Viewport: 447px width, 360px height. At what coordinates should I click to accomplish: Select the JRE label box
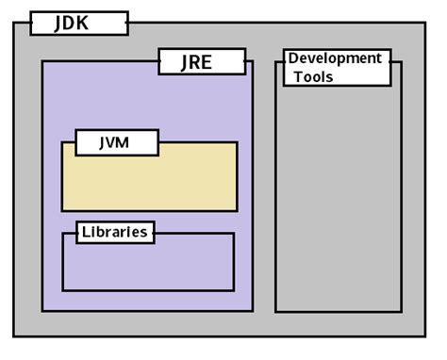[x=201, y=62]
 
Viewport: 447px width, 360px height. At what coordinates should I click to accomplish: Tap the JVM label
[x=113, y=142]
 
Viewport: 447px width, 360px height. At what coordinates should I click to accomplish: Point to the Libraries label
[x=114, y=232]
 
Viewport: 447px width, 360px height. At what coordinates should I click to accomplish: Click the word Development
[x=335, y=58]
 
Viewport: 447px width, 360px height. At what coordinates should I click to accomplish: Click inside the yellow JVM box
[x=149, y=184]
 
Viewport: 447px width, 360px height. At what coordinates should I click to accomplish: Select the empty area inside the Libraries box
[x=148, y=266]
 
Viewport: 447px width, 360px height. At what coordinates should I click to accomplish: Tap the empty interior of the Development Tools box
[x=338, y=198]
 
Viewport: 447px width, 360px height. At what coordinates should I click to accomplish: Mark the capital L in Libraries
[x=86, y=232]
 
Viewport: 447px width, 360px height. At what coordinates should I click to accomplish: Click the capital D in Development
[x=293, y=58]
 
